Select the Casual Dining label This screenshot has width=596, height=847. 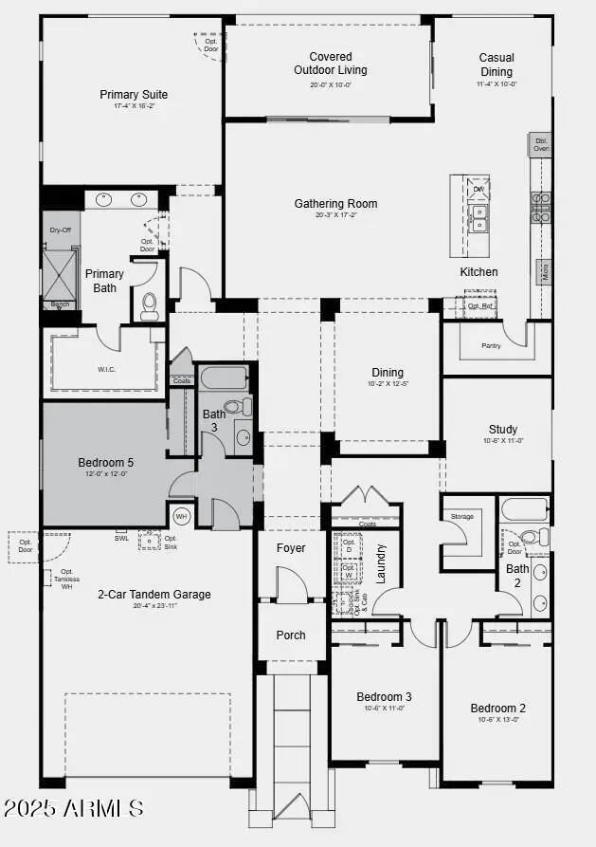point(496,64)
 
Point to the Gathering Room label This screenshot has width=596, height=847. point(335,204)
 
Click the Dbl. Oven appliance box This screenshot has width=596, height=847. point(540,144)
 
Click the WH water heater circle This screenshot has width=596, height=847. point(182,517)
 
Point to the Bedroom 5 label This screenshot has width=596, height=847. point(105,464)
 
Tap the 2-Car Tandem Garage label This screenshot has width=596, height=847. point(154,595)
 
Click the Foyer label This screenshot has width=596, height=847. point(291,548)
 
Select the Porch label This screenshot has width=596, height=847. point(291,635)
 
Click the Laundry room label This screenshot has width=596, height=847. point(381,562)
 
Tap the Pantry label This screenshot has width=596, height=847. point(491,346)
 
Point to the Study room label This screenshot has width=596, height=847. point(502,430)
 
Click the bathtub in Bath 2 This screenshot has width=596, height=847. point(522,508)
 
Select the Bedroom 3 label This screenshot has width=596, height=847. point(383,696)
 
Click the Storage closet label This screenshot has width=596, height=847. point(461,517)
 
